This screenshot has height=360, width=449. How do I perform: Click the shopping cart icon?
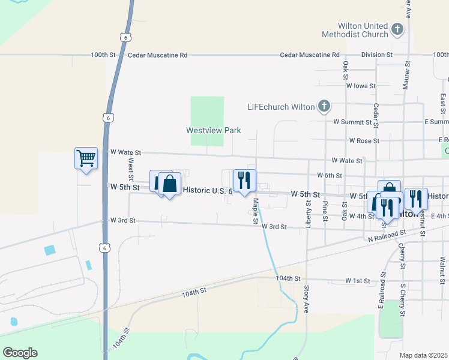pyautogui.click(x=86, y=158)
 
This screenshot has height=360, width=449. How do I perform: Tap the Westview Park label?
pyautogui.click(x=213, y=130)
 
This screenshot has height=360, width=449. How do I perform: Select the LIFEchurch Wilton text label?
pyautogui.click(x=281, y=107)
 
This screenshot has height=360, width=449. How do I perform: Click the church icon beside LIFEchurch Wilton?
pyautogui.click(x=324, y=107)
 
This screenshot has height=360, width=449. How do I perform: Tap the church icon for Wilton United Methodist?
pyautogui.click(x=397, y=29)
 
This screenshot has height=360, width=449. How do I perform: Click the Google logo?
pyautogui.click(x=20, y=353)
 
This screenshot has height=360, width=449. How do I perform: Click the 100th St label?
pyautogui.click(x=103, y=55)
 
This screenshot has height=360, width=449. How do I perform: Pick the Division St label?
pyautogui.click(x=376, y=55)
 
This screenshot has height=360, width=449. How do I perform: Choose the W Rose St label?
pyautogui.click(x=364, y=141)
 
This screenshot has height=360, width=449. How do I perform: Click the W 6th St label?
pyautogui.click(x=329, y=176)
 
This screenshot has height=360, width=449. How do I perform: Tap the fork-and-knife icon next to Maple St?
pyautogui.click(x=244, y=179)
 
